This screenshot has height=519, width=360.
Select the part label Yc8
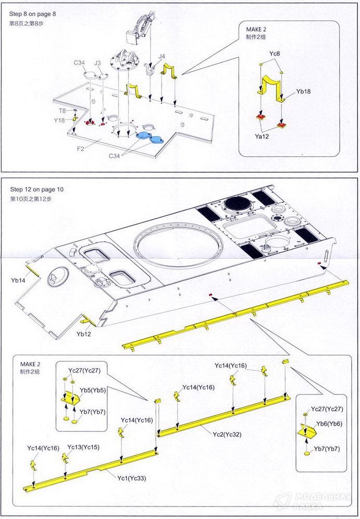click(x=275, y=53)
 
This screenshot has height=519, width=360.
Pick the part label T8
click(x=62, y=111)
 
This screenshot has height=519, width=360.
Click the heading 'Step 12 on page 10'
click(x=35, y=190)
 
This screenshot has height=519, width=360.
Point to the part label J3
click(x=98, y=63)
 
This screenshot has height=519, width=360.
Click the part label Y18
click(x=59, y=120)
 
